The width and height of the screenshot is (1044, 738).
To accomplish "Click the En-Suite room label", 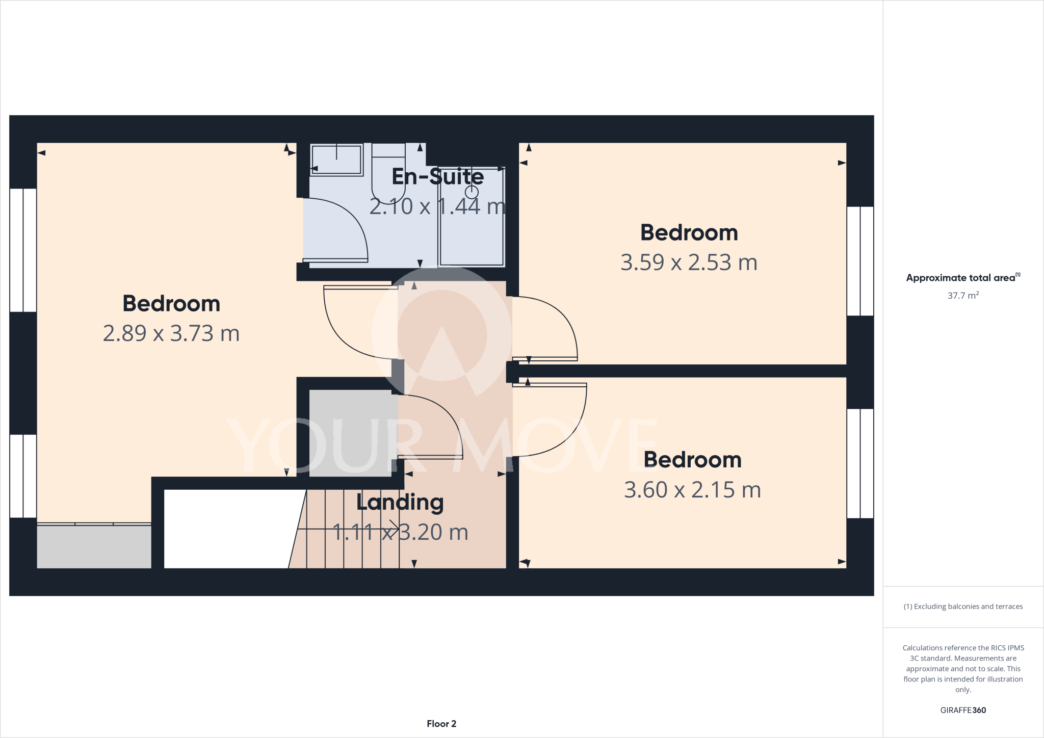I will pos(437,177).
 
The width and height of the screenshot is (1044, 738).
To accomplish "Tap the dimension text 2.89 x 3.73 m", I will pos(171,333).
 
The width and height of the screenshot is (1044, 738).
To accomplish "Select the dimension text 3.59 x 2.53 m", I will pos(689,262).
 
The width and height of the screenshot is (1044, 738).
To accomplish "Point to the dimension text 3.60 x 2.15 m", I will pos(692,490).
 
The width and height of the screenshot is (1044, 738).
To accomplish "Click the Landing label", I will pos(400,503).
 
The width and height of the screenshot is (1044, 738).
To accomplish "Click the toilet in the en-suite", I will pos(388,176).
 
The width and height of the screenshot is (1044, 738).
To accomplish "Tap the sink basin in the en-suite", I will pos(336,160).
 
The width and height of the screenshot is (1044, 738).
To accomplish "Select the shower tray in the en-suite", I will pos(472,229).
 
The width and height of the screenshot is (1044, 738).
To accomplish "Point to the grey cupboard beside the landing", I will pos(352,433).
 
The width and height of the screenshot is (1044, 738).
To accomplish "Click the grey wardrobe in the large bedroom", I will pos(94,546).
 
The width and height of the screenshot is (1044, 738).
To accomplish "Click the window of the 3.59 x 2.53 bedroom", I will pos(860,261).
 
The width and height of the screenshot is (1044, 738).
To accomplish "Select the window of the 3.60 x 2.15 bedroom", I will pos(860,463).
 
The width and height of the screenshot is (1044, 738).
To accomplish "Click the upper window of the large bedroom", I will pos(23,250).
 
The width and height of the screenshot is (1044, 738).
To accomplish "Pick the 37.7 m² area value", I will pos(962,296).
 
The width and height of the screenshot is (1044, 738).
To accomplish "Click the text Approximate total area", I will pos(960,278).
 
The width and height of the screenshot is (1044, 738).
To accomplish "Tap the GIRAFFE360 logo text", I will pos(962,710).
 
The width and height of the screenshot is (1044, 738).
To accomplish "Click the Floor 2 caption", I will pos(441,724).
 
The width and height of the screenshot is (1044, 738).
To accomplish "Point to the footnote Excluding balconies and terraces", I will pos(963,607).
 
